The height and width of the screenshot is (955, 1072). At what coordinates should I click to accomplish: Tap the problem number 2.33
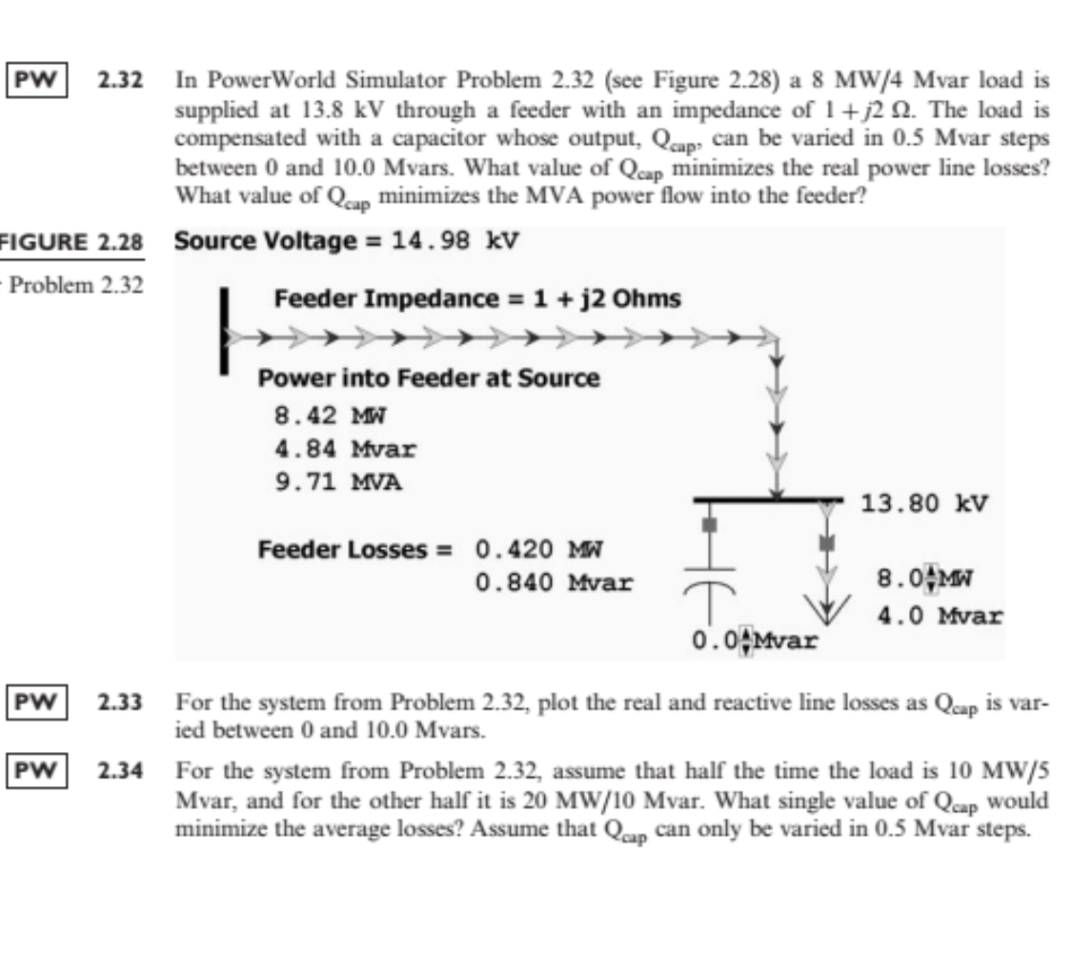tap(121, 706)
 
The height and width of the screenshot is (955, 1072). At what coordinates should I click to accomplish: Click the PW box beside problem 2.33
tap(34, 706)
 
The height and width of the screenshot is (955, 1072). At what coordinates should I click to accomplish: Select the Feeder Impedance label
tap(477, 299)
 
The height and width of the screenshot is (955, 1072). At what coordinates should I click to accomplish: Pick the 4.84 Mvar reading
tap(344, 448)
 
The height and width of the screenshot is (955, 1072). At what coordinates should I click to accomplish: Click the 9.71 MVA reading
tap(337, 481)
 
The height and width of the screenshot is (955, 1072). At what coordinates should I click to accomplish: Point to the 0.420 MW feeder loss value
tap(539, 550)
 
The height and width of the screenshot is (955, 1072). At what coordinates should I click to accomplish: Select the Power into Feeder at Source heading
tap(430, 378)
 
